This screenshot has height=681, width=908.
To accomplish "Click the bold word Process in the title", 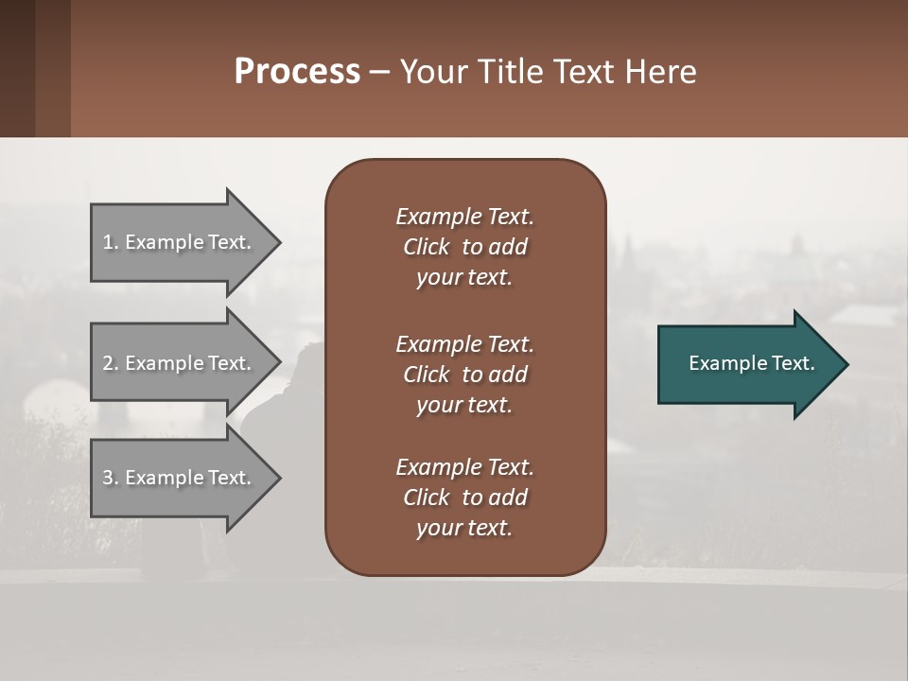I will pyautogui.click(x=297, y=71).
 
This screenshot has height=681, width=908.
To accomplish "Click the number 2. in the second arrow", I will pyautogui.click(x=111, y=363).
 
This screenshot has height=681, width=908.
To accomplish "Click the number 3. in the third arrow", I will pyautogui.click(x=111, y=478).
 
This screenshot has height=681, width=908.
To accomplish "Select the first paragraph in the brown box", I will pyautogui.click(x=464, y=247).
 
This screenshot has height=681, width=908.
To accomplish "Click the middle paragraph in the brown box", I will pyautogui.click(x=464, y=375).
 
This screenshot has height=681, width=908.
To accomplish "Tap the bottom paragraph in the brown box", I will pyautogui.click(x=464, y=498).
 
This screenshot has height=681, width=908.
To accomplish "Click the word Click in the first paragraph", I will pyautogui.click(x=427, y=247).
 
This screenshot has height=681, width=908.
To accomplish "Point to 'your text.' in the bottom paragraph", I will pyautogui.click(x=464, y=528).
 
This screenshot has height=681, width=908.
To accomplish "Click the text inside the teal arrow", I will pyautogui.click(x=752, y=363).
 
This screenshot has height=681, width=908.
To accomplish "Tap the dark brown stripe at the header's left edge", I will pyautogui.click(x=17, y=68).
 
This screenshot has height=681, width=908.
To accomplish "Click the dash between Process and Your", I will pyautogui.click(x=379, y=72).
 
